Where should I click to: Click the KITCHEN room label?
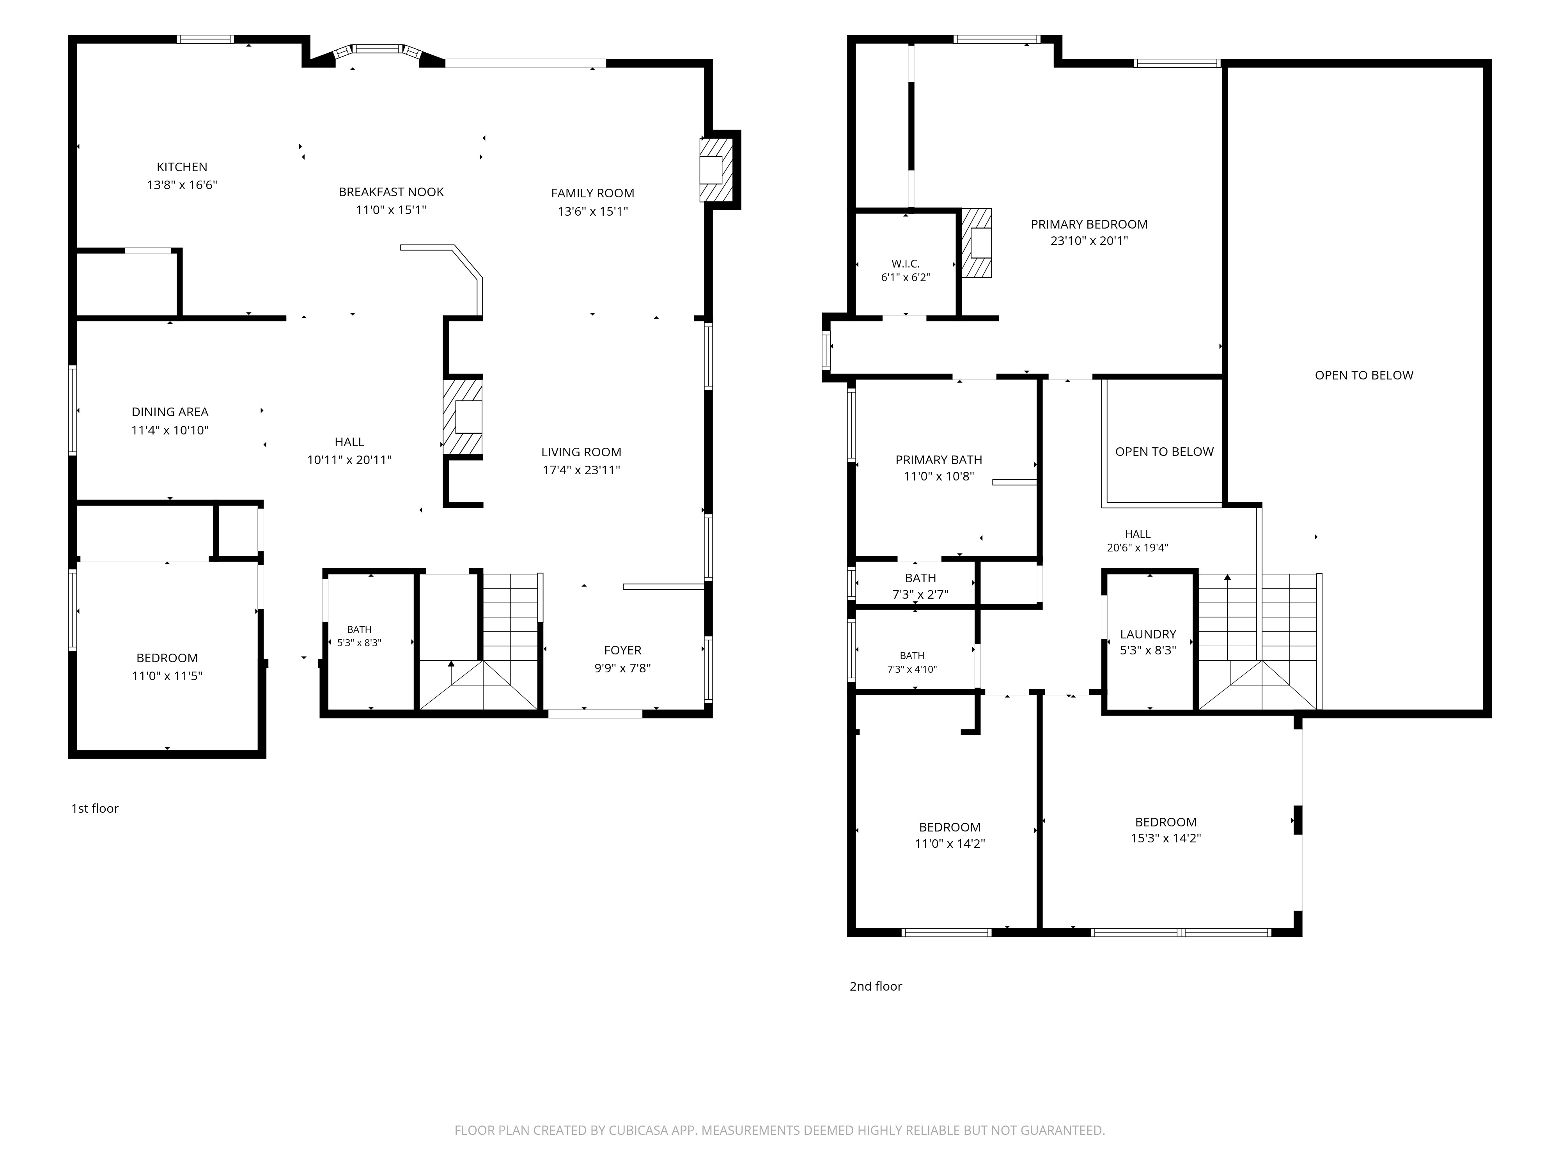[x=182, y=167]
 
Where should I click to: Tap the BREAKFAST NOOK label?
[x=392, y=192]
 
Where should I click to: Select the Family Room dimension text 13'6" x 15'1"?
[x=592, y=211]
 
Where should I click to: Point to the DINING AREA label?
[x=170, y=412]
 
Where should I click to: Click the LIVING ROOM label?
[x=581, y=452]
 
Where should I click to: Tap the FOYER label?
[x=623, y=650]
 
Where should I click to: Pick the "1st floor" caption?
[x=94, y=808]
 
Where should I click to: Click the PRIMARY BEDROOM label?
[x=1089, y=224]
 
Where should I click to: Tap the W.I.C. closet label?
[x=906, y=264]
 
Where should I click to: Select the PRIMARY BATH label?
[x=939, y=460]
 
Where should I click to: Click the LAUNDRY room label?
[x=1148, y=634]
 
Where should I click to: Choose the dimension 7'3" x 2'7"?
[x=920, y=594]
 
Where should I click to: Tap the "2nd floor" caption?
[x=876, y=986]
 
